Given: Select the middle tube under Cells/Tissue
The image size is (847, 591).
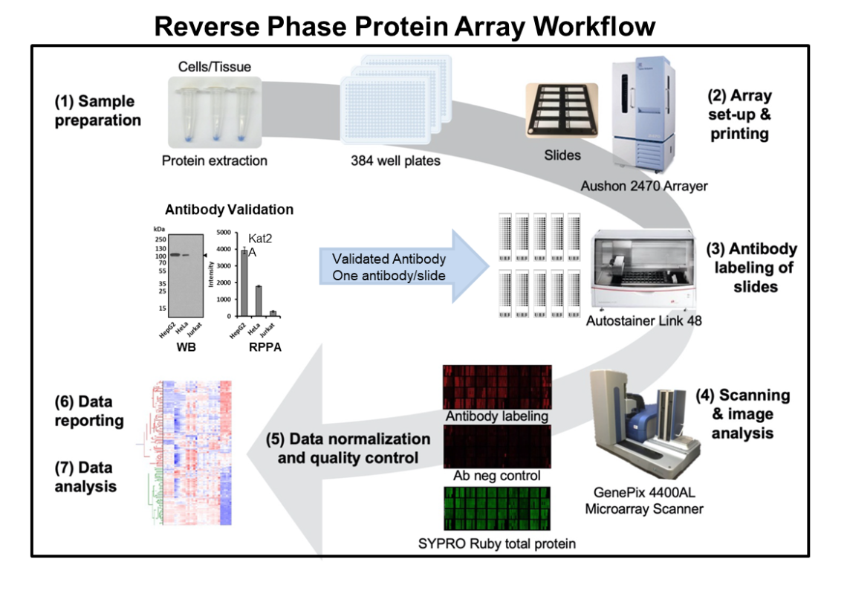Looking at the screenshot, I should [x=215, y=112].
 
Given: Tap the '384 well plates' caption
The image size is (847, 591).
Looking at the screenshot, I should [x=395, y=161].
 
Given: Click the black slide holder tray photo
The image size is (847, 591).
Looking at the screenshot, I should [x=562, y=117].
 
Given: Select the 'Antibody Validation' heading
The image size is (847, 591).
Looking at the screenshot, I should [x=228, y=210].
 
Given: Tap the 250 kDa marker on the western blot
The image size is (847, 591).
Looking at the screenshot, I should [x=160, y=239].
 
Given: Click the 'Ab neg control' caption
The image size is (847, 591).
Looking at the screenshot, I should [x=496, y=477].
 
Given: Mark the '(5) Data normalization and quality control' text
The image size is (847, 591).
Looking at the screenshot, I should [x=348, y=448].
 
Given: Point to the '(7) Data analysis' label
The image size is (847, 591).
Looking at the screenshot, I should [x=85, y=477].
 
